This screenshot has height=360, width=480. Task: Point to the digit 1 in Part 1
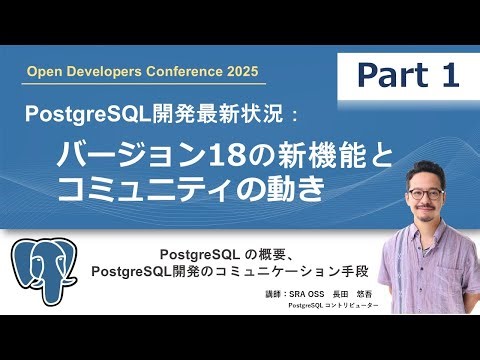(x=445, y=73)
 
